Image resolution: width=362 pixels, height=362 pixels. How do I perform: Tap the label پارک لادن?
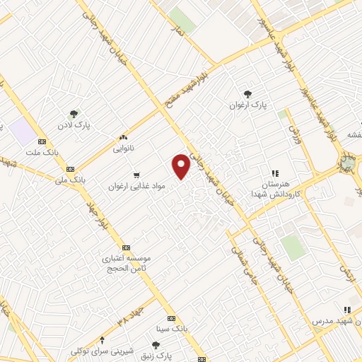click(73, 124)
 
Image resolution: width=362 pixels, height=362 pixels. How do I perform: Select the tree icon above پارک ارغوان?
click(247, 93)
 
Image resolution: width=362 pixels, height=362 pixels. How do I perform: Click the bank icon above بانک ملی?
click(70, 170)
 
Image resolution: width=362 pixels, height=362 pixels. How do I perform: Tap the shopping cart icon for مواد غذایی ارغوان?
click(136, 175)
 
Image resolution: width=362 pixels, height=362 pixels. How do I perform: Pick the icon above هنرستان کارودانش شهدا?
click(276, 173)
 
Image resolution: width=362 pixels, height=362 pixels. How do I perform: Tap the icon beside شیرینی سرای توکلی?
click(103, 339)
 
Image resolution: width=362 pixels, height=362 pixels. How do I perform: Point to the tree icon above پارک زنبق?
click(156, 344)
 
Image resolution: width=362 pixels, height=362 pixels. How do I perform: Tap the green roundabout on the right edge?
click(348, 163)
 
